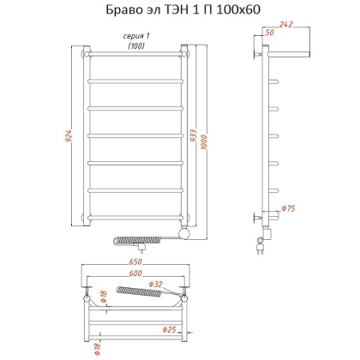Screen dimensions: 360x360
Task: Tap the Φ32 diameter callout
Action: click(x=155, y=285)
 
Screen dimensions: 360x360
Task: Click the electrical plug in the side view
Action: click(x=258, y=249)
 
